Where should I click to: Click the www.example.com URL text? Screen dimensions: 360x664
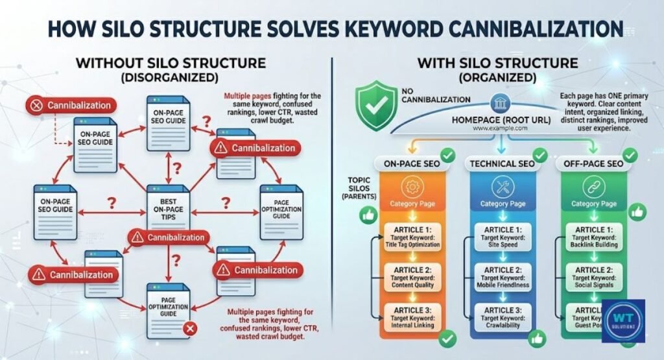499,128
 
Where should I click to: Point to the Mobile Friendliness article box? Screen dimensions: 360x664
503,278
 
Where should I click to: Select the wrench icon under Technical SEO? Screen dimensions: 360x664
503,186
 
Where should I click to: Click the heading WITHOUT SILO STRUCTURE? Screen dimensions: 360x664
170,64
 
